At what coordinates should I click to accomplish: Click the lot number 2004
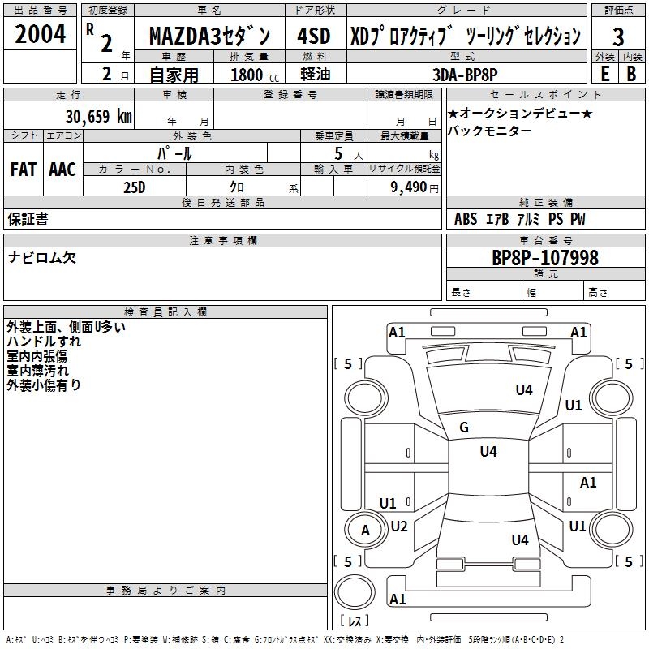pyautogui.click(x=41, y=36)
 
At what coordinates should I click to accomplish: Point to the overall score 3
pyautogui.click(x=618, y=37)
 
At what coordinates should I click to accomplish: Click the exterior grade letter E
pyautogui.click(x=604, y=73)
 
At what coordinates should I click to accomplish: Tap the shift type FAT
pyautogui.click(x=24, y=169)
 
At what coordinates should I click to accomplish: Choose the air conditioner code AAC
pyautogui.click(x=62, y=169)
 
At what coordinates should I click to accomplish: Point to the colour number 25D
pyautogui.click(x=134, y=186)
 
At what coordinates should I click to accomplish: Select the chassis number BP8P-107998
pyautogui.click(x=545, y=258)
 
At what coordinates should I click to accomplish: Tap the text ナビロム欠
pyautogui.click(x=42, y=258)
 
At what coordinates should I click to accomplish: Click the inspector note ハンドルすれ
pyautogui.click(x=44, y=342)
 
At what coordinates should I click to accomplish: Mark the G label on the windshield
pyautogui.click(x=464, y=428)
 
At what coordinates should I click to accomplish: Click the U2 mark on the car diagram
pyautogui.click(x=399, y=526)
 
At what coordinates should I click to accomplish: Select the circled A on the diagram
pyautogui.click(x=365, y=531)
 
